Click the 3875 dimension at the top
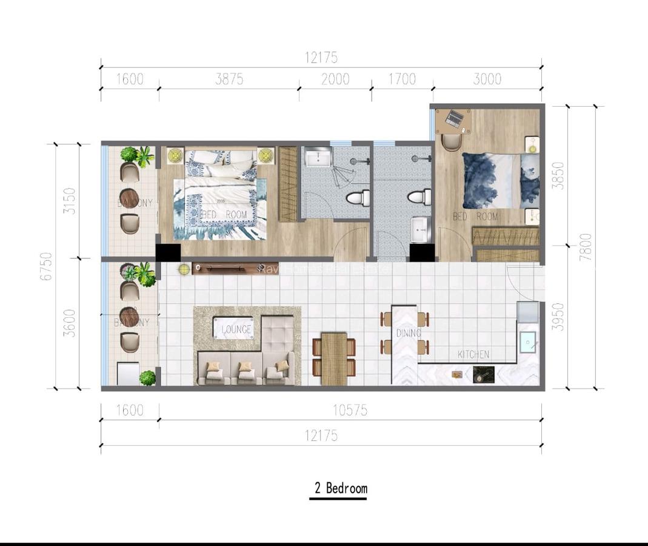229,79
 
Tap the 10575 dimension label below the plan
350,410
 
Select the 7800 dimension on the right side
585,247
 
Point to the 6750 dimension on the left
46,266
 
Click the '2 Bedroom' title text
340,488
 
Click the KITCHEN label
473,354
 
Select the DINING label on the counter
408,333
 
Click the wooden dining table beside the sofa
334,359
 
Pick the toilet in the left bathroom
358,198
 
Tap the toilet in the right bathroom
418,197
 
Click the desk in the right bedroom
453,120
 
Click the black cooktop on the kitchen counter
483,375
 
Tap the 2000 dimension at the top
335,79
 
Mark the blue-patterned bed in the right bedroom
500,180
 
